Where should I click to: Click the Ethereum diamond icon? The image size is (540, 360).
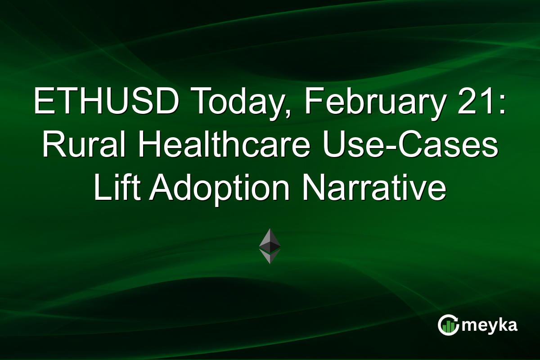[270, 246]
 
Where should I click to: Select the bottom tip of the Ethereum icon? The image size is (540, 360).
[270, 262]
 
